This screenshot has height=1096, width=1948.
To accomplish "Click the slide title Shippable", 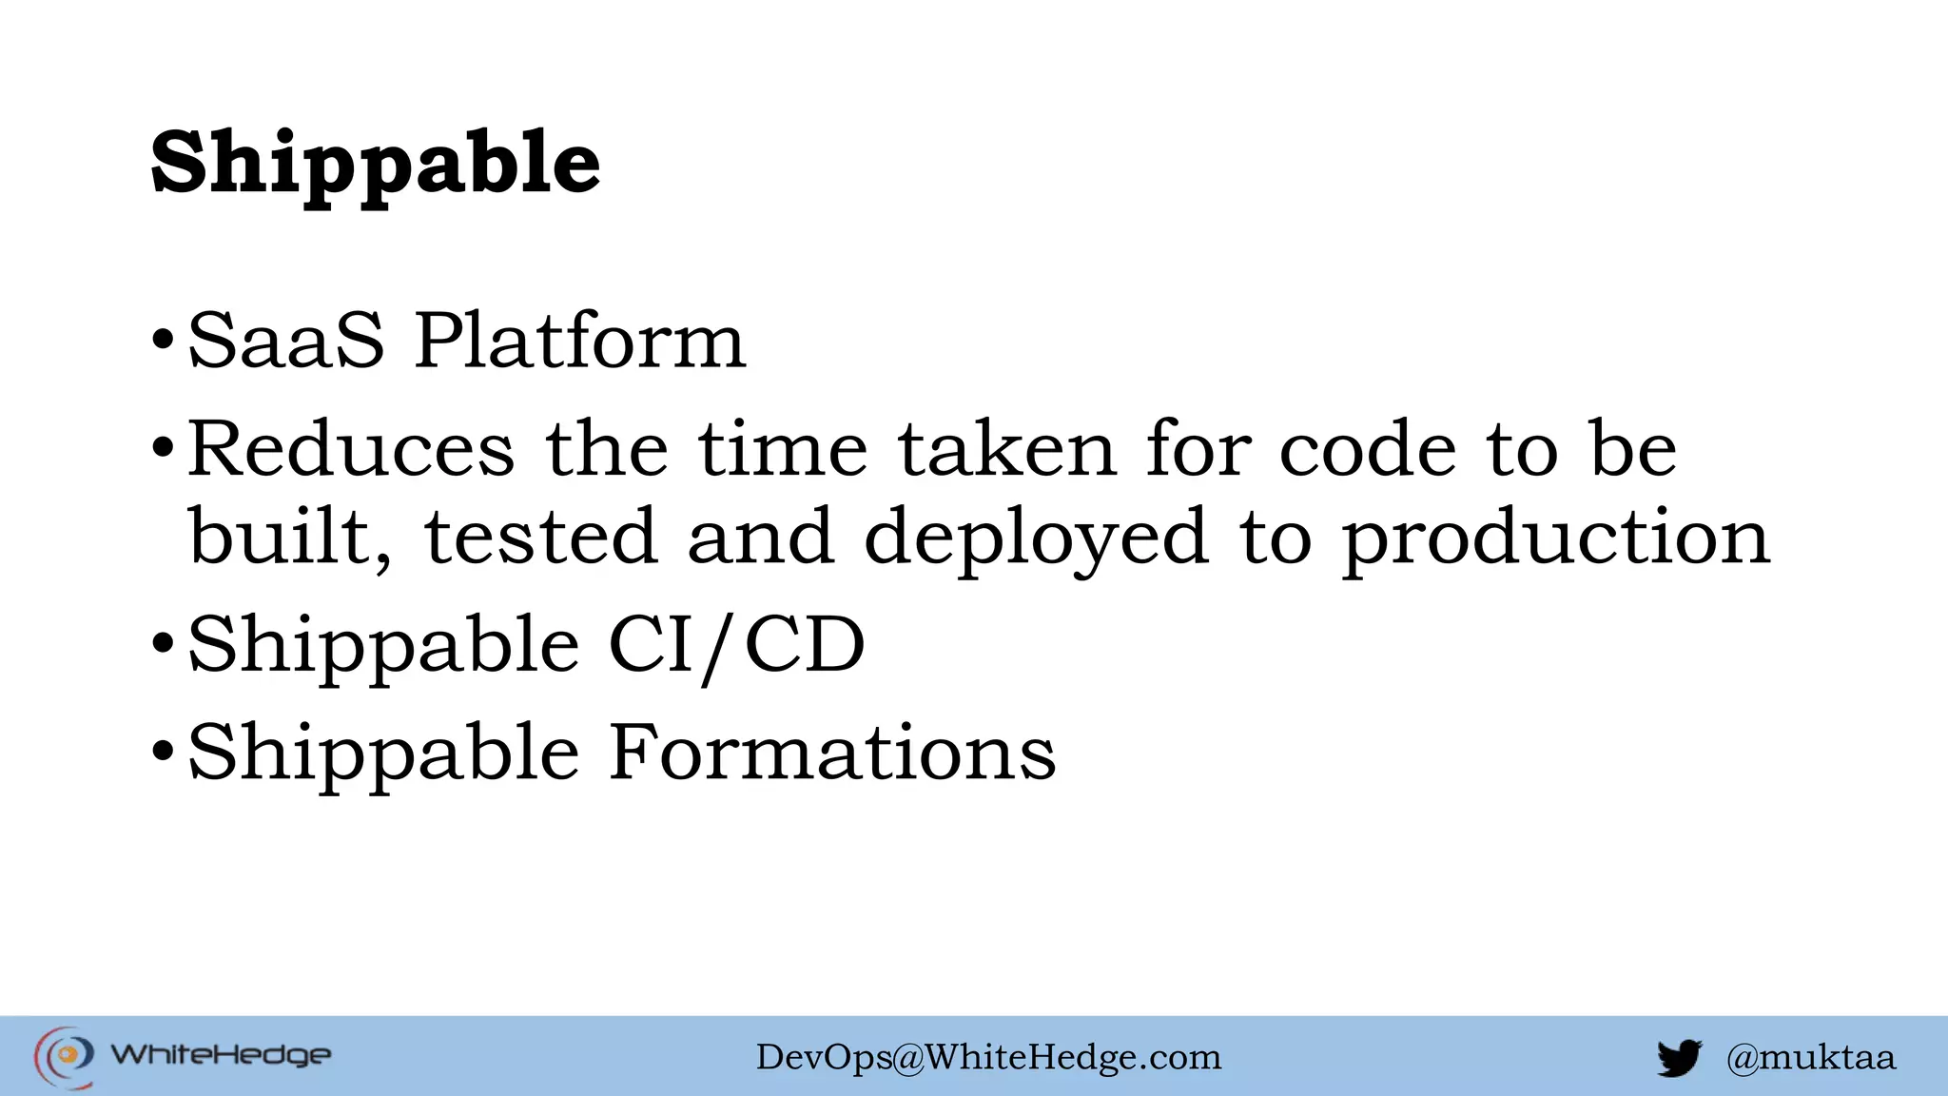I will point(376,164).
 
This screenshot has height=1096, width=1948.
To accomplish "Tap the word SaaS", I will point(285,341).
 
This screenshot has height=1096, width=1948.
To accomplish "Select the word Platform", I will point(580,341).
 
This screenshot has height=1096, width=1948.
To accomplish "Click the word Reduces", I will point(351,448).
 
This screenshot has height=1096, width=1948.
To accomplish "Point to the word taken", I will point(1006,448).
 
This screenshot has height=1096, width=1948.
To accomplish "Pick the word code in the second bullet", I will point(1367,448).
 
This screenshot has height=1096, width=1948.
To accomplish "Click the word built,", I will point(289,537).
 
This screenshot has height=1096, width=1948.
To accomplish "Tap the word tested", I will point(540,537).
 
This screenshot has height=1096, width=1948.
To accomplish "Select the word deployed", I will point(1036,538).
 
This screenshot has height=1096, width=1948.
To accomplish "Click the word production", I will point(1555,538).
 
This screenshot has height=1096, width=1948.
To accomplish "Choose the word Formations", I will point(832,753).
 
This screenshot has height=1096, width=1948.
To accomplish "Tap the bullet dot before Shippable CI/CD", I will point(163,644).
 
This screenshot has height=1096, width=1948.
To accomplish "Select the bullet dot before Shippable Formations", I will point(163,752).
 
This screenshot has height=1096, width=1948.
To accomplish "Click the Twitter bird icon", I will point(1679,1058).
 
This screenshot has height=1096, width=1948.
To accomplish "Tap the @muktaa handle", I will point(1810,1057).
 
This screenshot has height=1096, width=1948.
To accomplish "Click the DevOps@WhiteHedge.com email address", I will point(988,1057).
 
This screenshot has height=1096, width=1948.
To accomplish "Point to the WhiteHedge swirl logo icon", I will point(64,1056).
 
